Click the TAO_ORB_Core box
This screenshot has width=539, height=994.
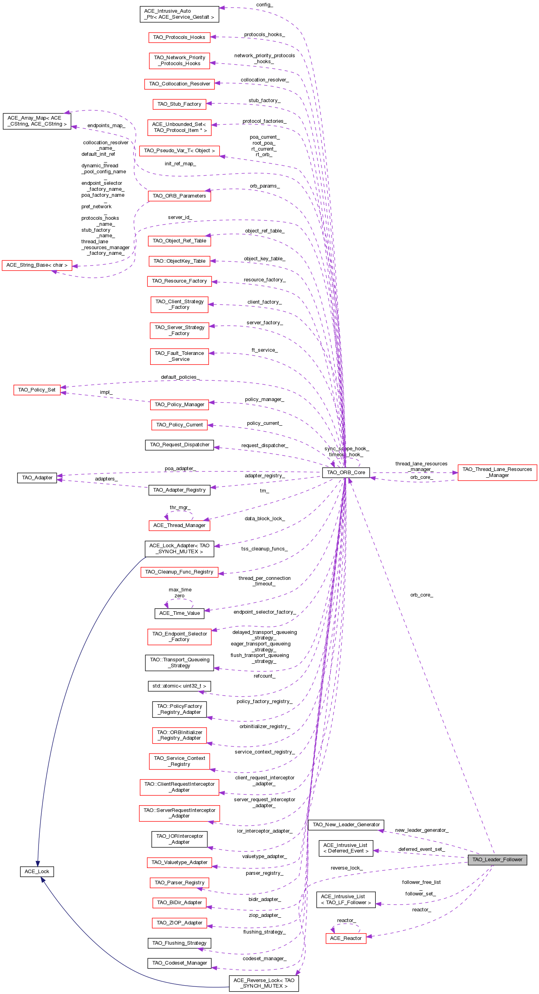pos(346,472)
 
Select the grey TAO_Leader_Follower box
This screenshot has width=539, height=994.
pos(497,859)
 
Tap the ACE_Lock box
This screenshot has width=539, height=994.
pos(37,871)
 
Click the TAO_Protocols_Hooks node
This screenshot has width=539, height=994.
pos(179,37)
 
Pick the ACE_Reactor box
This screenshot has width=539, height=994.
pos(346,938)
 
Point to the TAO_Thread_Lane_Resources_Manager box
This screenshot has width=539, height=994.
pos(497,472)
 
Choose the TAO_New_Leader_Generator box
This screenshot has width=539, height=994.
pos(346,824)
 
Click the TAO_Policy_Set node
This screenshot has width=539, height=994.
pos(37,389)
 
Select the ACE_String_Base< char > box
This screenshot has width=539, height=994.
pos(37,265)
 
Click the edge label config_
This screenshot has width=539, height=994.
pos(264,5)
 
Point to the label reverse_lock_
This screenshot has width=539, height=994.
pos(346,868)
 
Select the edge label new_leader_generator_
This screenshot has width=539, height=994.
pos(421,830)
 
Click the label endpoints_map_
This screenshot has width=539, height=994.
pos(106,126)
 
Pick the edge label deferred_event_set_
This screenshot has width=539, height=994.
pos(421,849)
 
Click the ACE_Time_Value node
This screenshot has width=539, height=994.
pos(179,613)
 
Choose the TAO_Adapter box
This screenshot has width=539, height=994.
pos(37,477)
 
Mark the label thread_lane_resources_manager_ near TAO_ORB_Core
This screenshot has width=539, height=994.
pos(421,466)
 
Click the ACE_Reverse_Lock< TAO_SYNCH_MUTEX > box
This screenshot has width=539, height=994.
pos(264,983)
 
